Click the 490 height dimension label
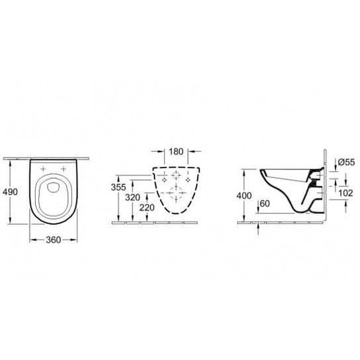pyautogui.click(x=10, y=192)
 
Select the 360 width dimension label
pyautogui.click(x=54, y=240)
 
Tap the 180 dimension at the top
pyautogui.click(x=176, y=152)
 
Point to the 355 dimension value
pyautogui.click(x=118, y=187)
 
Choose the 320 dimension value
pyautogui.click(x=132, y=197)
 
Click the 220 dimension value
pyautogui.click(x=147, y=208)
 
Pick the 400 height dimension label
pyautogui.click(x=244, y=196)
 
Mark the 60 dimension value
pyautogui.click(x=265, y=203)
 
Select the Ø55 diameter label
pyautogui.click(x=346, y=162)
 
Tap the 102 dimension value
pyautogui.click(x=345, y=193)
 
